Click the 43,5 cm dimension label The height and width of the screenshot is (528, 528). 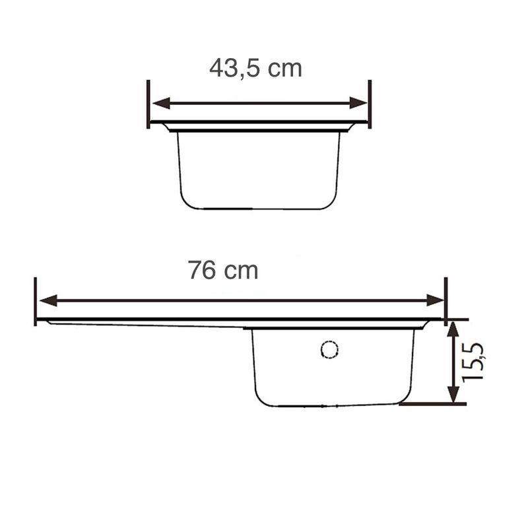(x=255, y=68)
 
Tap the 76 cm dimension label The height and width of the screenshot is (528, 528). (x=222, y=270)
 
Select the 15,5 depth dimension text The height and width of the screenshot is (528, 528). (x=475, y=362)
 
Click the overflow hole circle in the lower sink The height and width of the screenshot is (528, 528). (x=329, y=349)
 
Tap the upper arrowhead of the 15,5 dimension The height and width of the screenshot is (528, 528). (x=453, y=328)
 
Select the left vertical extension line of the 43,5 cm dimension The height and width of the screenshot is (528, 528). (x=148, y=104)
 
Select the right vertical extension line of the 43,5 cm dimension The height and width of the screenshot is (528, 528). (x=370, y=104)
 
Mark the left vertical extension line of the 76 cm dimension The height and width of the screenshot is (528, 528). (x=35, y=301)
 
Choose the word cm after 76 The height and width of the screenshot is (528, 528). (x=240, y=270)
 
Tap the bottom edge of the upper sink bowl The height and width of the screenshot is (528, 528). (x=259, y=209)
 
